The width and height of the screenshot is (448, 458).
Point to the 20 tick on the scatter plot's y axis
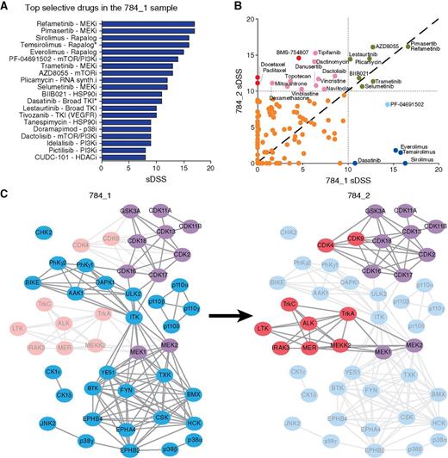pyautogui.click(x=250, y=19)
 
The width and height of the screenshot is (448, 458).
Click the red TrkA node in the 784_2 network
pyautogui.click(x=346, y=313)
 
